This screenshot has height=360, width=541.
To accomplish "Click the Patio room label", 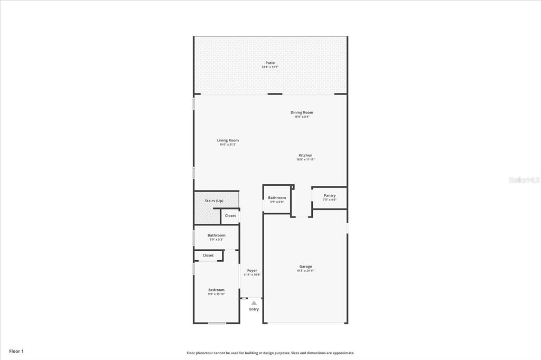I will [270, 63].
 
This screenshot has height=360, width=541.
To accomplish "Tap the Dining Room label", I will [302, 112].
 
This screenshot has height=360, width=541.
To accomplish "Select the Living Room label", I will [228, 140].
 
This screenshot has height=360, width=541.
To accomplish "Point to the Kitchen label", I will [305, 155].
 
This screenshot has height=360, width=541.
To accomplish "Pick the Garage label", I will [305, 267].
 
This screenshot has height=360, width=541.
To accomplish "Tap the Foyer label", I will [252, 271].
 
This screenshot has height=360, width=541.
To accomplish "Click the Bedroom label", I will [216, 290].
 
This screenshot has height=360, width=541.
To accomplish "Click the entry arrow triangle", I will [254, 303].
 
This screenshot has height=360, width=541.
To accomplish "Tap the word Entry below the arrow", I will [254, 309].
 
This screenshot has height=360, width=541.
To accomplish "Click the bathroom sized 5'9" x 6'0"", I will [277, 200].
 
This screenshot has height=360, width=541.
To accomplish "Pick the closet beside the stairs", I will [230, 215].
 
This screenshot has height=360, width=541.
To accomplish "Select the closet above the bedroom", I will [208, 255].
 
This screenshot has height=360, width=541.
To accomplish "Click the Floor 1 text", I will [16, 351].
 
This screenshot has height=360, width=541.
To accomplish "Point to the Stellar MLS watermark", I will [524, 180].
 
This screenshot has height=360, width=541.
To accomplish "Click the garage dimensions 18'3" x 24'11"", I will [305, 271].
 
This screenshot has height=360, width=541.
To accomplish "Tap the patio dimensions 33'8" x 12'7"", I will [270, 67].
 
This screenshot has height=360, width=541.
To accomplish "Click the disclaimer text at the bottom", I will [270, 353].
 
